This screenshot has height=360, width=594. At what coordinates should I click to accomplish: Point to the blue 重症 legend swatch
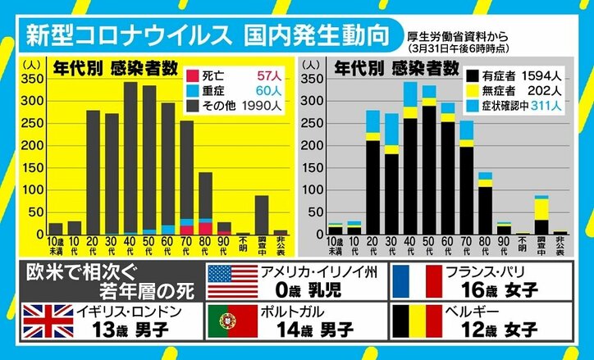(194, 87)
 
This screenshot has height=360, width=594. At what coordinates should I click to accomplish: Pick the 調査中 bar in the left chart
(262, 215)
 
